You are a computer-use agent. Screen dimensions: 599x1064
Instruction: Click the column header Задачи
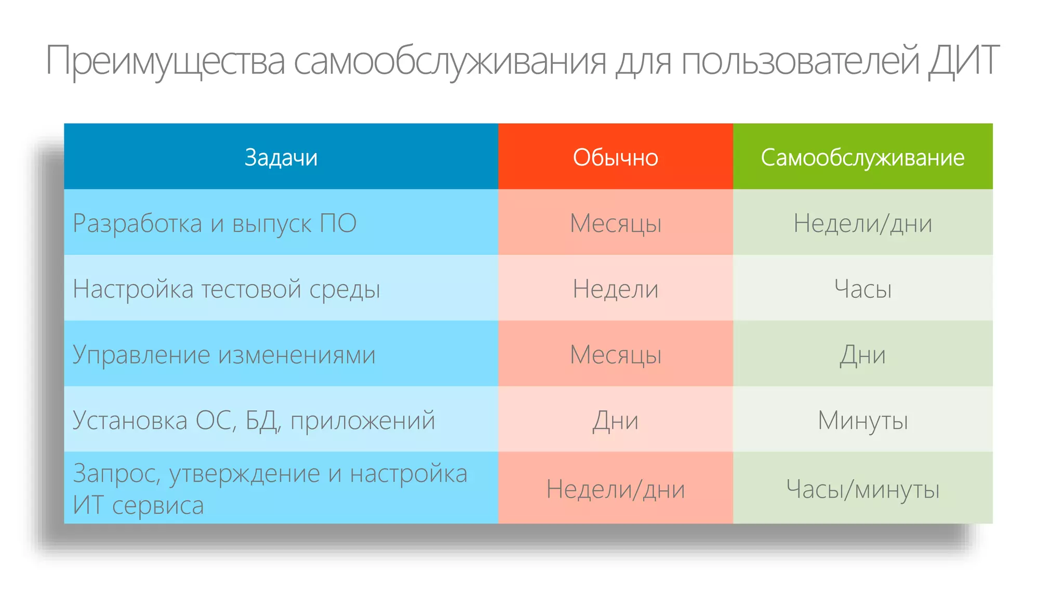pos(281,157)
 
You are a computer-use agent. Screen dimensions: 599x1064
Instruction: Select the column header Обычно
pos(615,157)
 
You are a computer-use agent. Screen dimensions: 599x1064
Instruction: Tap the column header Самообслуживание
pos(862,157)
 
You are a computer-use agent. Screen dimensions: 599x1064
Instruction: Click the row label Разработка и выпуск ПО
pos(215,223)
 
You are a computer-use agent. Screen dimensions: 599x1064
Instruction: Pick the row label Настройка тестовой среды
pos(227,289)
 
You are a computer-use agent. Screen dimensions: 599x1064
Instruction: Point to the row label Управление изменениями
pos(224,355)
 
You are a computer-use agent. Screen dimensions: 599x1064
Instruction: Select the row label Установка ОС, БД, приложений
pos(254,420)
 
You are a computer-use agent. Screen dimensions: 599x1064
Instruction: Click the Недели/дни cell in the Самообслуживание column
pos(862,223)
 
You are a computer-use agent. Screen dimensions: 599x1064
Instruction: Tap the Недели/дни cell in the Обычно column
pos(615,489)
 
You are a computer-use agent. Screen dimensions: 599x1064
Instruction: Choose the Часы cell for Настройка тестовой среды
pos(862,289)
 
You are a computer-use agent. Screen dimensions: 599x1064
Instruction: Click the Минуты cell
pos(862,420)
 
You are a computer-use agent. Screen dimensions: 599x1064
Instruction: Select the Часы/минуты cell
pos(862,489)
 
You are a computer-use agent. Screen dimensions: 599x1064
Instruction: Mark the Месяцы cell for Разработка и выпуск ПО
pos(615,223)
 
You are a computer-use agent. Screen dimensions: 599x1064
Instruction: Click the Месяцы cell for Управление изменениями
pos(615,355)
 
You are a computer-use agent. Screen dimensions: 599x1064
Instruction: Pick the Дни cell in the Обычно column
pos(615,420)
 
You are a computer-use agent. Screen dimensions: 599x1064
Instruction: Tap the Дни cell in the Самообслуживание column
pos(862,355)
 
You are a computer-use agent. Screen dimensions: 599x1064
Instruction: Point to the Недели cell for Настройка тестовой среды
pos(615,289)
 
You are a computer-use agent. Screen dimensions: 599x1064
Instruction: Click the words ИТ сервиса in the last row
pos(138,505)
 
